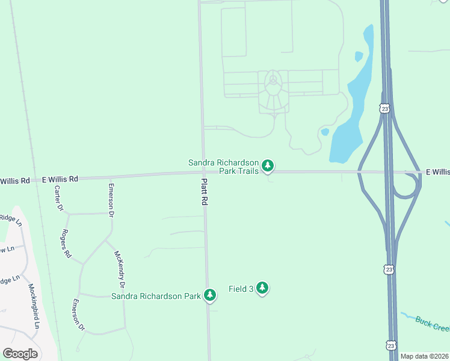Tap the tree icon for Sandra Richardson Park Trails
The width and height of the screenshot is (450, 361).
click(x=268, y=165)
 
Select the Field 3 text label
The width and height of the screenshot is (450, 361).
click(x=241, y=289)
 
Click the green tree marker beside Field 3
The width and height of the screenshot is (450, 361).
click(x=262, y=288)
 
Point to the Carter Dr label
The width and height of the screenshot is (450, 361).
click(x=59, y=199)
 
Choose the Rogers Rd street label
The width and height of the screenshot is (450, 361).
click(x=66, y=244)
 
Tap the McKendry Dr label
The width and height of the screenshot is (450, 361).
click(x=119, y=268)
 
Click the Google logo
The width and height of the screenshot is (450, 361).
click(x=20, y=354)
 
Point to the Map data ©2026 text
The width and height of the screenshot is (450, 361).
click(x=424, y=356)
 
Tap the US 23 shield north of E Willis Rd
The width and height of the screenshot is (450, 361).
click(x=384, y=108)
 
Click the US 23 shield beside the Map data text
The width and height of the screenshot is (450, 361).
click(x=391, y=345)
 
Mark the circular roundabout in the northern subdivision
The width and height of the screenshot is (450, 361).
click(x=274, y=79)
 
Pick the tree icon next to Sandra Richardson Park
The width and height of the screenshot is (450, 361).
click(x=210, y=295)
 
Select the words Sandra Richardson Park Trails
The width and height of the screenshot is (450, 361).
click(x=223, y=167)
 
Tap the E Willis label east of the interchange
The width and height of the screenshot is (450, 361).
click(x=437, y=172)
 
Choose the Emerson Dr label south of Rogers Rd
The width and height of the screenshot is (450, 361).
click(x=78, y=315)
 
